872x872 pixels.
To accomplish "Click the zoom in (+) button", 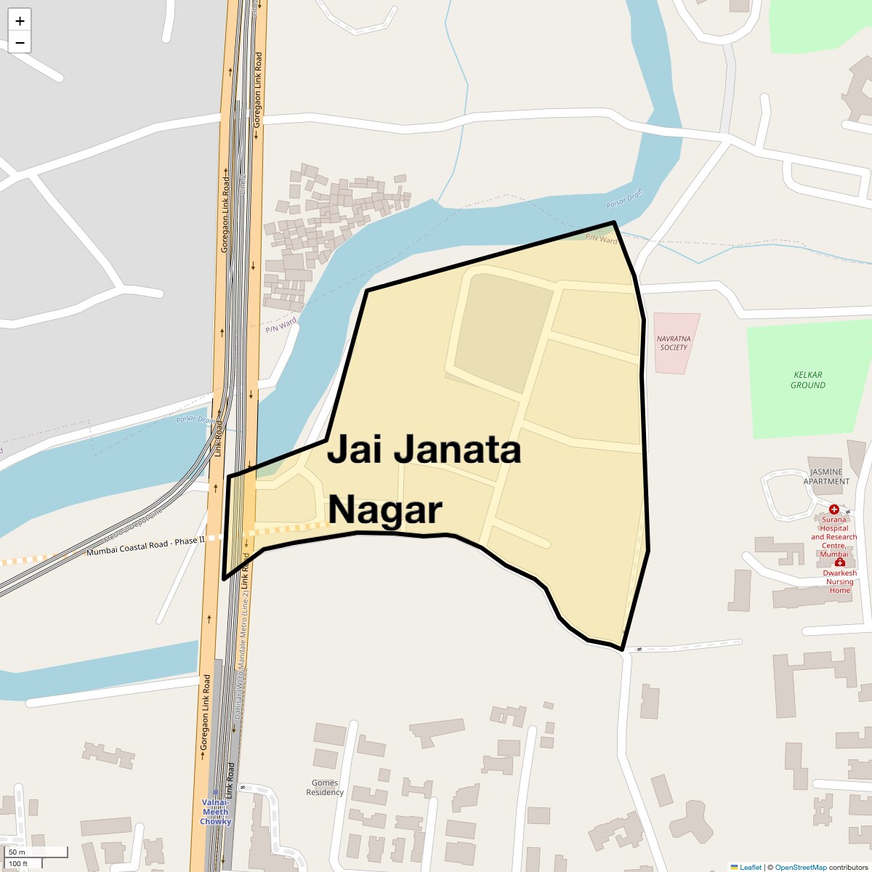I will click(x=20, y=21).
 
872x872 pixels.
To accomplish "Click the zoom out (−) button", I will click(x=20, y=43).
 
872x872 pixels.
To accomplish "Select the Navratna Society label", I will click(x=674, y=343).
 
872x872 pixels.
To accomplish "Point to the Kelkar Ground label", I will click(x=807, y=380).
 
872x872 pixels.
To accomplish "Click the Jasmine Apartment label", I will click(x=826, y=477).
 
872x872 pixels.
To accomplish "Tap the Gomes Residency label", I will click(x=325, y=788).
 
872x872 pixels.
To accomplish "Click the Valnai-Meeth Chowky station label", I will click(x=216, y=812).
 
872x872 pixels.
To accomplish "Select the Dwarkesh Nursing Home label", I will click(x=839, y=581).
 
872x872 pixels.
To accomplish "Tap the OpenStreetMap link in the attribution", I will click(x=800, y=867).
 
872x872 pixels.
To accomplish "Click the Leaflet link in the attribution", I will click(x=750, y=867).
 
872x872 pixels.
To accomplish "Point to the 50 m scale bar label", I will click(x=17, y=852).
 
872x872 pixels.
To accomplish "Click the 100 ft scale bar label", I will click(x=18, y=863).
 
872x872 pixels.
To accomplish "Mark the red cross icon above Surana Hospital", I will click(x=834, y=509).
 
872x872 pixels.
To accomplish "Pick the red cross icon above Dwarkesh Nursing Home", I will click(x=840, y=562).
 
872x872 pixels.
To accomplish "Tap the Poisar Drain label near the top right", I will click(x=625, y=199).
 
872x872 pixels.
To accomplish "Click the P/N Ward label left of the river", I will click(x=281, y=325).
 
